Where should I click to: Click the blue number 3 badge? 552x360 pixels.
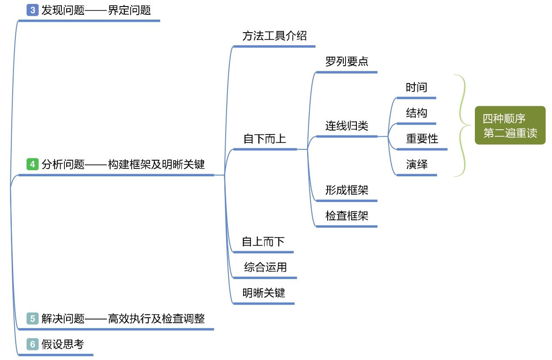click(x=33, y=10)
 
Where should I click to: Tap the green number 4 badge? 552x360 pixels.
click(x=33, y=164)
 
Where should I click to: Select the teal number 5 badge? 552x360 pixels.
click(x=33, y=318)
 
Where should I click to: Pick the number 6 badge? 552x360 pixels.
click(x=33, y=344)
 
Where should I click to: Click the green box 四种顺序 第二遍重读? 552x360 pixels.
click(x=510, y=125)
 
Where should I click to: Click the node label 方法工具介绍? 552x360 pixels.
click(x=274, y=36)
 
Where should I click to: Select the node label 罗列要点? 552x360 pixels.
click(x=347, y=61)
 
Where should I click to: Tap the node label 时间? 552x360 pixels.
click(x=417, y=87)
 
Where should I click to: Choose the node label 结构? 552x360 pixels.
click(x=417, y=113)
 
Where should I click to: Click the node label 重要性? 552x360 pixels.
click(x=422, y=138)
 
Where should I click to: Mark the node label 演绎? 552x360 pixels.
click(x=417, y=164)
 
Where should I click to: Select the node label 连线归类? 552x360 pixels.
click(x=347, y=126)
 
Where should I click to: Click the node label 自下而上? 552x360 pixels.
click(x=264, y=139)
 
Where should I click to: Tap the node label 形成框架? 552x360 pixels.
click(x=347, y=190)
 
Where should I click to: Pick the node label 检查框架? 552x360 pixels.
click(x=347, y=216)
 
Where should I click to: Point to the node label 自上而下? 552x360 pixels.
click(x=263, y=242)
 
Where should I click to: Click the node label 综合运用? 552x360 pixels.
click(x=265, y=267)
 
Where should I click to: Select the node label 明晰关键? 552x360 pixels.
click(x=264, y=293)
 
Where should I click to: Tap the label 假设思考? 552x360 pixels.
click(x=63, y=344)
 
